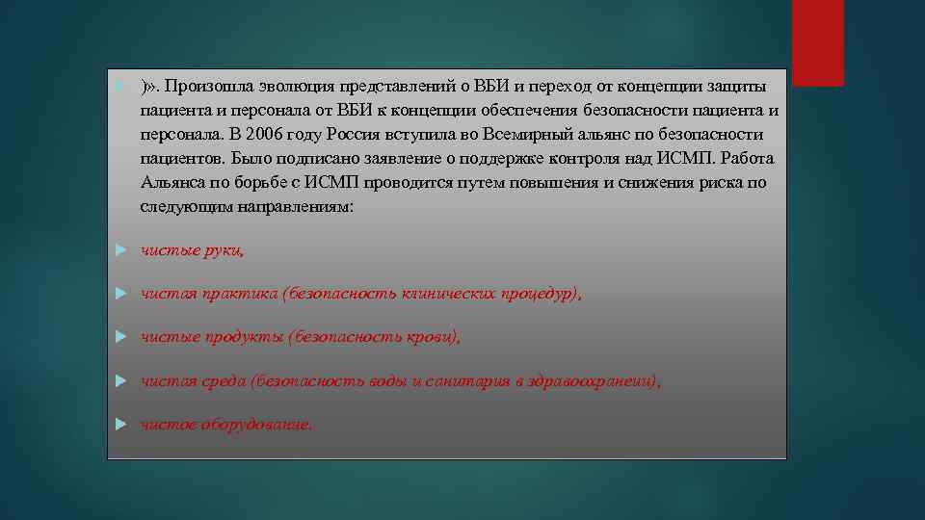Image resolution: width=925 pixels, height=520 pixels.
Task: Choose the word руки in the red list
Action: point(221,251)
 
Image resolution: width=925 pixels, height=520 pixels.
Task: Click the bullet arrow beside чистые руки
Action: point(120,250)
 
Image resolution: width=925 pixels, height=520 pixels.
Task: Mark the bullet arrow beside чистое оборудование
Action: point(120,424)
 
